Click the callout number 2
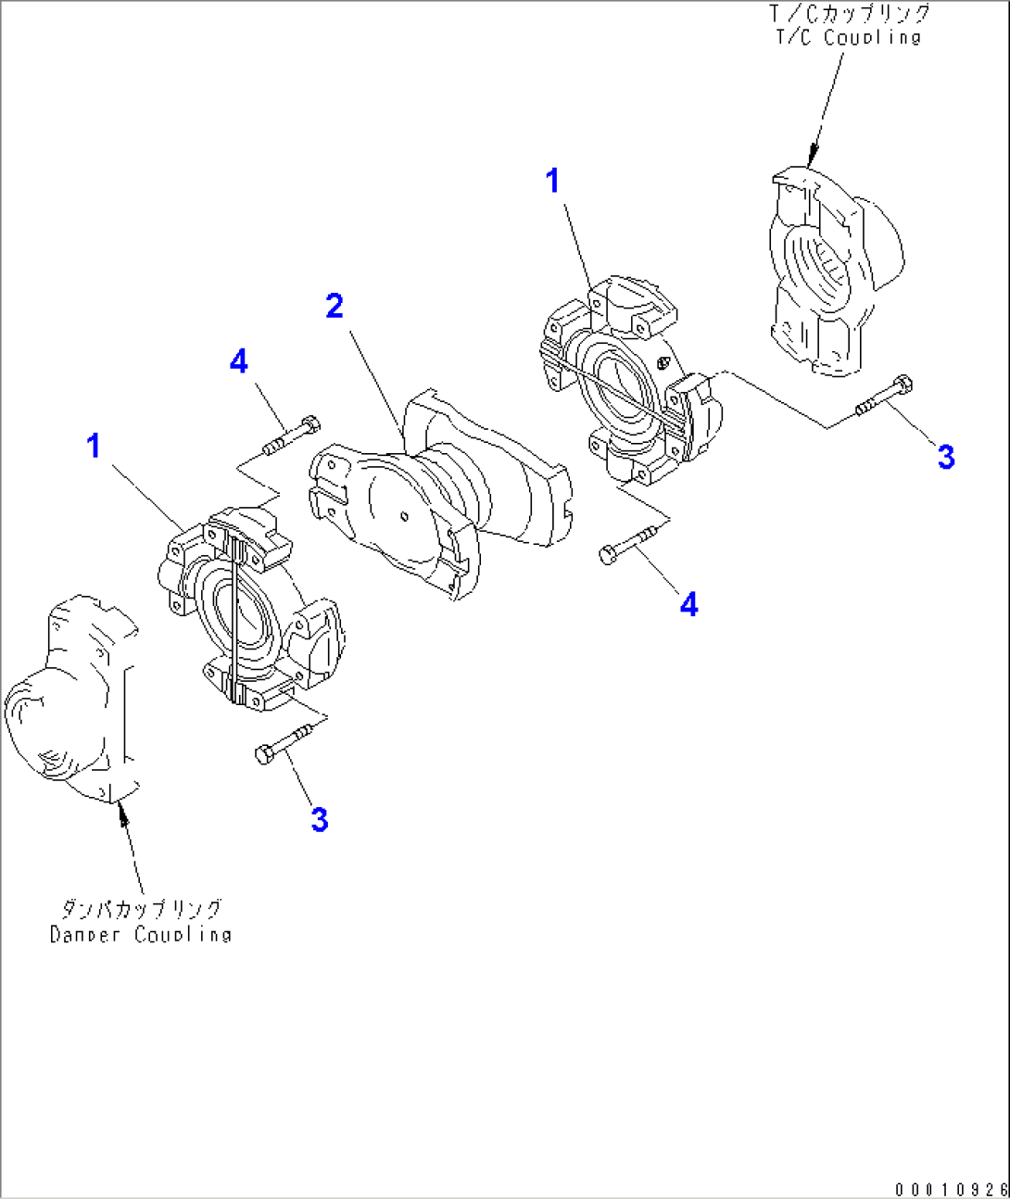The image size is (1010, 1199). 335,306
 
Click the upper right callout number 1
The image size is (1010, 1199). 552,181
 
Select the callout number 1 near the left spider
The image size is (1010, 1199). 93,446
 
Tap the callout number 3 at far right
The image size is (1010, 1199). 945,456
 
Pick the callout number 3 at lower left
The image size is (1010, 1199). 319,819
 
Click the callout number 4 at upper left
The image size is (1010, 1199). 239,360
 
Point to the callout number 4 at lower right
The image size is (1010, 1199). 688,604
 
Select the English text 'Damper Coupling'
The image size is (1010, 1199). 140,934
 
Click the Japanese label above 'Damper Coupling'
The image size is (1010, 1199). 142,908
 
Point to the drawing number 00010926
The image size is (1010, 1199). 950,1189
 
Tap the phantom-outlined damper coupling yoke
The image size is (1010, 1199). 69,704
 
